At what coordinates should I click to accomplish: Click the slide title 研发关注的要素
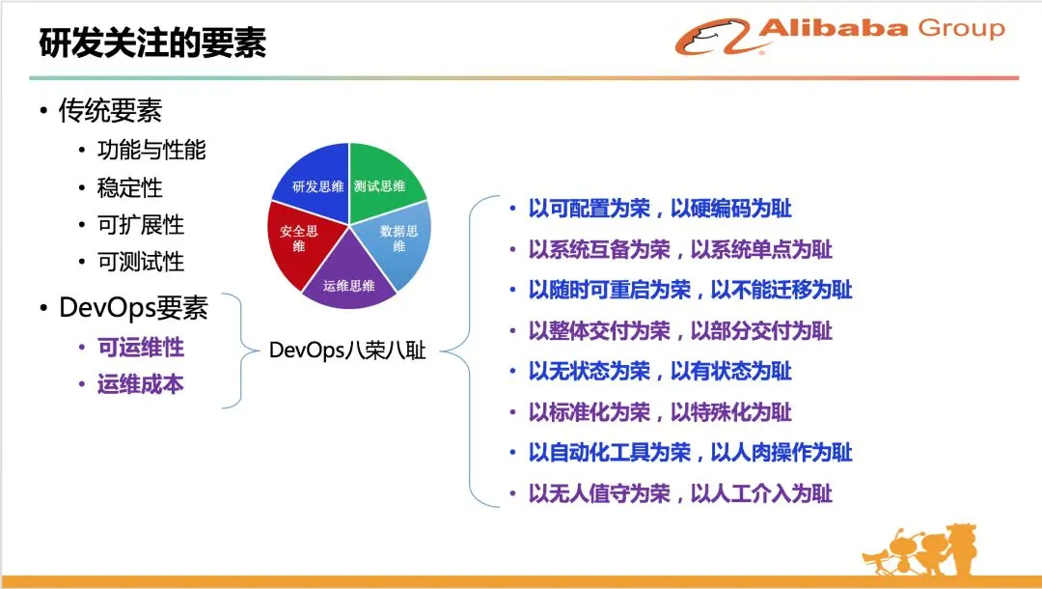pos(152,42)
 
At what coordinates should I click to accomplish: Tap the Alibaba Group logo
pos(840,36)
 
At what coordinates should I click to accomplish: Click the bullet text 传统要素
pos(110,110)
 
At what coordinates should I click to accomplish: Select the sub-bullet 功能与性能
pos(151,150)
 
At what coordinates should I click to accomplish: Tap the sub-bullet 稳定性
pos(129,187)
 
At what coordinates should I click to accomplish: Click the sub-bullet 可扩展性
pos(141,225)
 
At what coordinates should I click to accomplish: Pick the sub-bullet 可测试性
pos(141,262)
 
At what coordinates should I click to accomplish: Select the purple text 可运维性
pos(141,347)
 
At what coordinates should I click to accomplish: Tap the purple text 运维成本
pos(141,384)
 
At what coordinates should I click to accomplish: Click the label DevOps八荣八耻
pos(347,351)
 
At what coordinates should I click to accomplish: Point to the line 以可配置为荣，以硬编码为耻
pos(660,209)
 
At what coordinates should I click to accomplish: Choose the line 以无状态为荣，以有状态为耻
pos(660,371)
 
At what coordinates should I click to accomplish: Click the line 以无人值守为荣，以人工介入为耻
pos(680,493)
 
